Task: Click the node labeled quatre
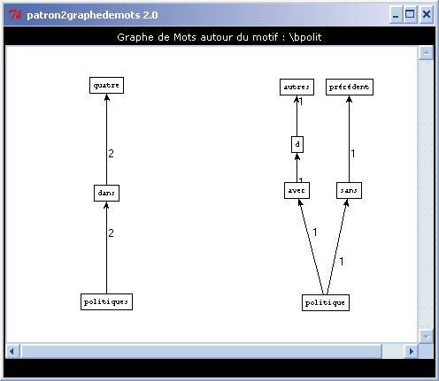pos(106,86)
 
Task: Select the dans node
pos(106,194)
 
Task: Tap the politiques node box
pos(106,301)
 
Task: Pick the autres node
pos(297,88)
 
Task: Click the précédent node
pos(350,88)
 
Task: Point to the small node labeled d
pos(297,144)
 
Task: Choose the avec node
pos(297,191)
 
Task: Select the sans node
pos(349,191)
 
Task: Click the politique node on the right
pos(326,302)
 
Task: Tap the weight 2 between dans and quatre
pos(111,154)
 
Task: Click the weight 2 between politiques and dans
pos(111,233)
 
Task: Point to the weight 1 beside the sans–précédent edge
pos(353,154)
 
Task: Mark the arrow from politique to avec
pos(311,247)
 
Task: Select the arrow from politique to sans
pos(337,247)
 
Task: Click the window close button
pos(427,14)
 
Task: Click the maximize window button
pos(410,14)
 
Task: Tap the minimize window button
pos(396,14)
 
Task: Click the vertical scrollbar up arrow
pos(426,53)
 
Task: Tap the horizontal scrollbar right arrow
pos(412,351)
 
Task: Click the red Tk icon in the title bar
pos(15,14)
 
